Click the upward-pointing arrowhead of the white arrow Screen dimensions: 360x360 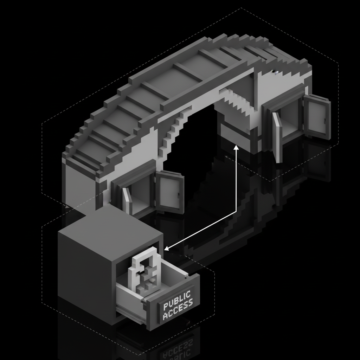[236, 148]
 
